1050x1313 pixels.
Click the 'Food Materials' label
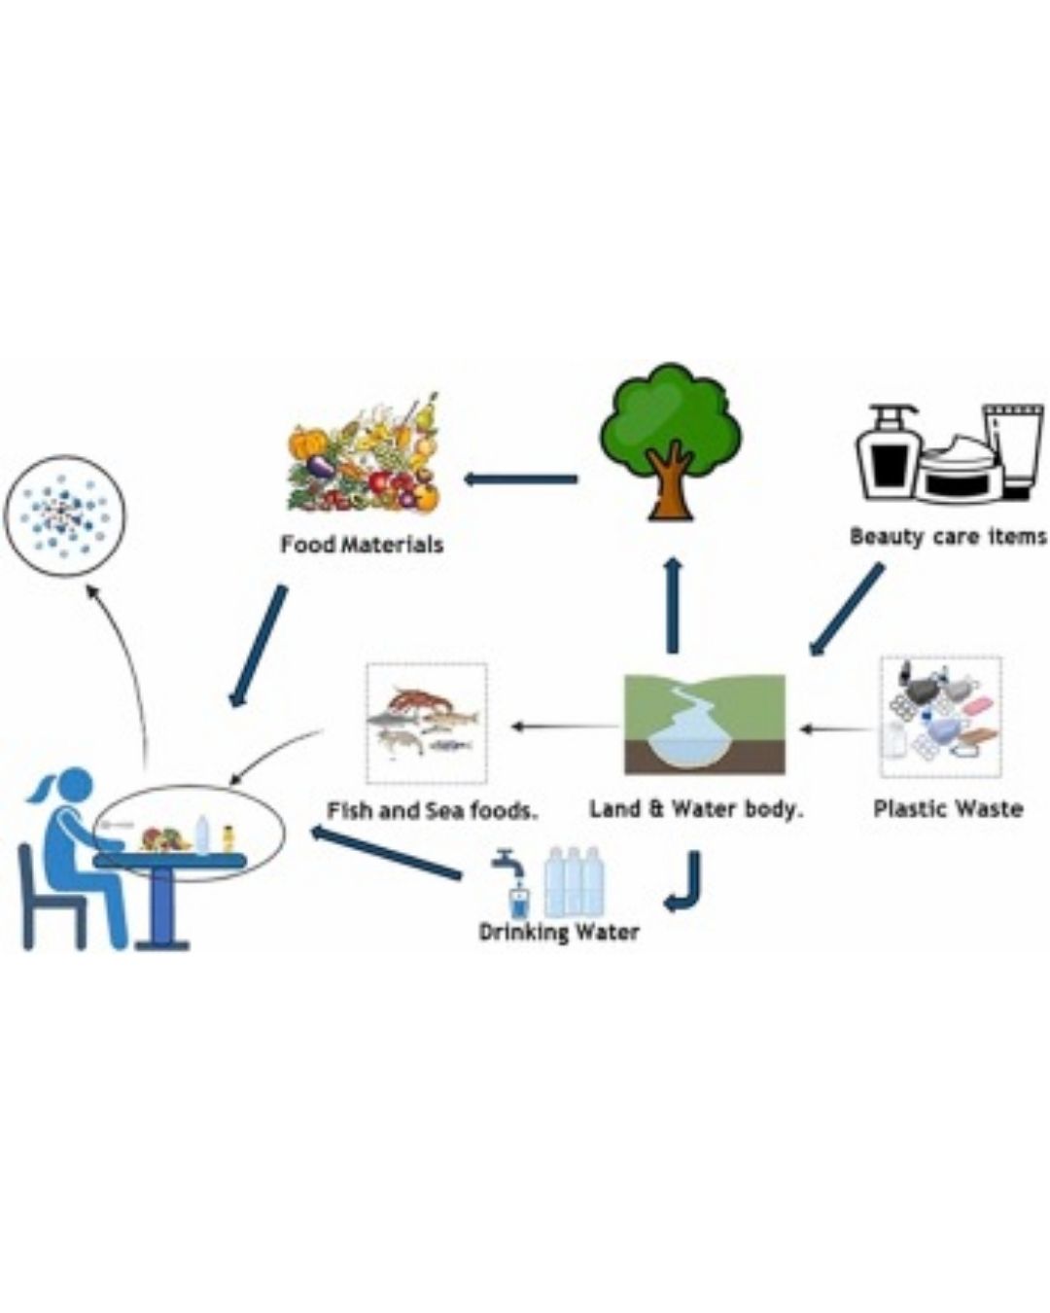pos(362,545)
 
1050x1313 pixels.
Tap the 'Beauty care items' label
pos(949,538)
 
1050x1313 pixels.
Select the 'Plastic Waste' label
pos(948,809)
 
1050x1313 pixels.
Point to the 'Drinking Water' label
pos(559,933)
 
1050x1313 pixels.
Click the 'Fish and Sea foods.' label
pos(433,811)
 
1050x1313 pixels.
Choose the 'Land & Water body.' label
pos(695,809)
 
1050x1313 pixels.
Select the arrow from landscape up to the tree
pos(673,604)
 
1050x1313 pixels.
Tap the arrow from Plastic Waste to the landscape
pos(836,728)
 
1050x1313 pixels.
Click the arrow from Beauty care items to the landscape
pos(845,610)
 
